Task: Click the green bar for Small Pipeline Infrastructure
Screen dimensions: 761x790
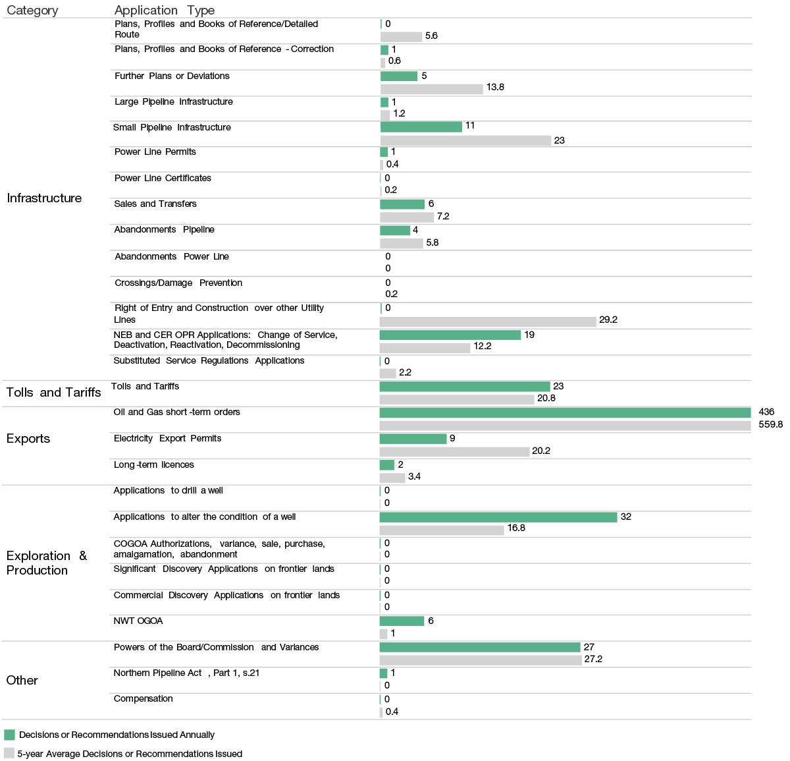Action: pyautogui.click(x=421, y=127)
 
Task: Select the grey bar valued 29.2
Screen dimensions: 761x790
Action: pyautogui.click(x=488, y=322)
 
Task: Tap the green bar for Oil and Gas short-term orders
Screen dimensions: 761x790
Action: pyautogui.click(x=565, y=412)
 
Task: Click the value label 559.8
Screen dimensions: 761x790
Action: pyautogui.click(x=770, y=425)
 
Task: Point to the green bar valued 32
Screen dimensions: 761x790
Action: pyautogui.click(x=498, y=517)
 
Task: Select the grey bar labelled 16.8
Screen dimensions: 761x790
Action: pyautogui.click(x=442, y=530)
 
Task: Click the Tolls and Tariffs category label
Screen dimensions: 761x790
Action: pyautogui.click(x=53, y=393)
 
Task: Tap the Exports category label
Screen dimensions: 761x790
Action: pyautogui.click(x=28, y=439)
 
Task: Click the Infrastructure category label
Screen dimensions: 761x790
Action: pyautogui.click(x=44, y=198)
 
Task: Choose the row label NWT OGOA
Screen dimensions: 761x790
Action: pyautogui.click(x=138, y=621)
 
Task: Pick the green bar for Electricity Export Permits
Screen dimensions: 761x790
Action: pyautogui.click(x=413, y=439)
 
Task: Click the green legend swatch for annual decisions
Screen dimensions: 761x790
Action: pyautogui.click(x=9, y=735)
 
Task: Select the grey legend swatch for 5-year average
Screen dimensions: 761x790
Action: pyautogui.click(x=9, y=753)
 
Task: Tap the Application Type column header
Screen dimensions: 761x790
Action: pyautogui.click(x=164, y=11)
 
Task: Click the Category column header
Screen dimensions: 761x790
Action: pyautogui.click(x=32, y=11)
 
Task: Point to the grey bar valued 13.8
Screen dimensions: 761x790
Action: pyautogui.click(x=432, y=89)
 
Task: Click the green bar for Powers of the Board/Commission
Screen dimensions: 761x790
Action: pyautogui.click(x=480, y=648)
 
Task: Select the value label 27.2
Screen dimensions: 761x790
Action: pyautogui.click(x=593, y=660)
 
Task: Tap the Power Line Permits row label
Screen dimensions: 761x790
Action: pyautogui.click(x=155, y=152)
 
